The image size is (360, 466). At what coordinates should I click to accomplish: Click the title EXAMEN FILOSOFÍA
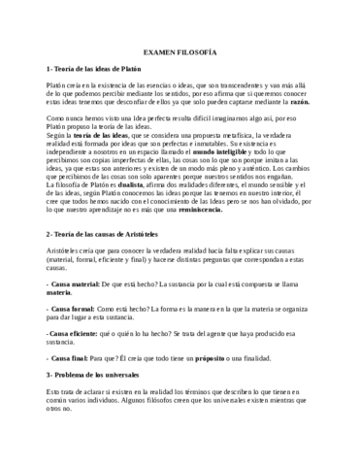(179, 49)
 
